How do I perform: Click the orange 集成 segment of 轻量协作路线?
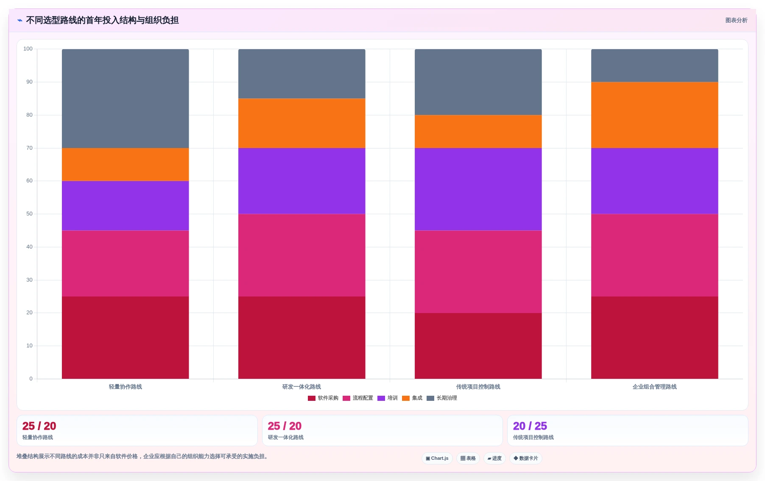coord(125,165)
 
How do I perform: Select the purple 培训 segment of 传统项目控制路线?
coord(478,189)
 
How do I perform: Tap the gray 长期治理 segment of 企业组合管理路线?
coord(654,65)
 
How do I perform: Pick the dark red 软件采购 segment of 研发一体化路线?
coord(302,338)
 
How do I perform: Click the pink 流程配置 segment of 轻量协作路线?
coord(125,263)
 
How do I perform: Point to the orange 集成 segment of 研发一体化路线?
coord(302,123)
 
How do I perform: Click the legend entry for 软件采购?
coord(323,398)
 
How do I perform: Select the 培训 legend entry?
coord(388,398)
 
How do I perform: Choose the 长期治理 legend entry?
coord(442,398)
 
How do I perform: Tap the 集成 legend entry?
coord(412,398)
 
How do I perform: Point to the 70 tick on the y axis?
coord(29,148)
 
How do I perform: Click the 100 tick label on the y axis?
coord(28,49)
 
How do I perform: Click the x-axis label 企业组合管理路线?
coord(654,387)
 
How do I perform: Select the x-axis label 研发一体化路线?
coord(302,387)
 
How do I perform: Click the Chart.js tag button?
coord(437,459)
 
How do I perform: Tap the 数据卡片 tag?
coord(526,459)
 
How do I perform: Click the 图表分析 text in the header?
coord(736,20)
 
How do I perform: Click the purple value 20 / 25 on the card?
coord(530,426)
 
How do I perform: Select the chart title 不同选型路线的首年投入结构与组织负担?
coord(102,20)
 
